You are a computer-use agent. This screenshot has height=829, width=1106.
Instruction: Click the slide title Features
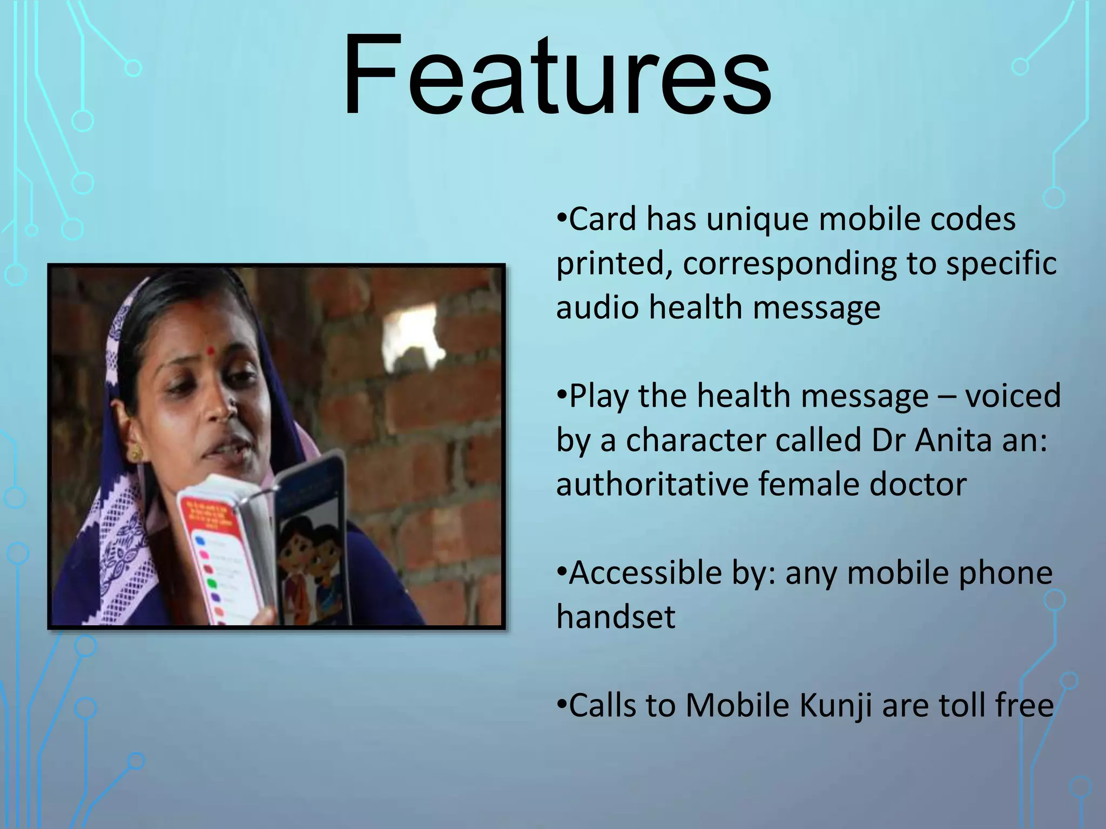pyautogui.click(x=556, y=76)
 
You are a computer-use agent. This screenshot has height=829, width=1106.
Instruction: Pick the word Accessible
pyautogui.click(x=645, y=573)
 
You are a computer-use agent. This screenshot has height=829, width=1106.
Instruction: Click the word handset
pyautogui.click(x=616, y=617)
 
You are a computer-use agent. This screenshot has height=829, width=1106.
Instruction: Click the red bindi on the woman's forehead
pyautogui.click(x=211, y=351)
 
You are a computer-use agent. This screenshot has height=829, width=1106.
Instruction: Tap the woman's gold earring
pyautogui.click(x=135, y=452)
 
